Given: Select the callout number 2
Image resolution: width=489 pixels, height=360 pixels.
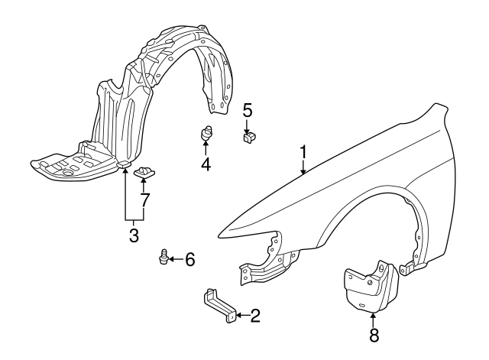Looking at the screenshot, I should tap(254, 315).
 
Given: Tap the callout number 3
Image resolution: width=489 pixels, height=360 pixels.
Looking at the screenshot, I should tap(133, 236).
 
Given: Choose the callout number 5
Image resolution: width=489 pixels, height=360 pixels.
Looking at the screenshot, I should tap(248, 110).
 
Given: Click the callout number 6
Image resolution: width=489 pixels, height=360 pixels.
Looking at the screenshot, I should tap(189, 260).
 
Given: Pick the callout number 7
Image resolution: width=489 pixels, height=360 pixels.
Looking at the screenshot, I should tap(144, 201).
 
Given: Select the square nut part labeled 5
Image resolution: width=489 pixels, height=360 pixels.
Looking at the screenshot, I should tap(249, 138).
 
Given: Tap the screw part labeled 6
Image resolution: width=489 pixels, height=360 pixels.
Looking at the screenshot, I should tap(162, 258).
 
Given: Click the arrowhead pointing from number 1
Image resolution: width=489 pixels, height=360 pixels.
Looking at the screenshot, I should tap(303, 173).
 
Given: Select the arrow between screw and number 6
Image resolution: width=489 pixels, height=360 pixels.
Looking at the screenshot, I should tap(175, 260).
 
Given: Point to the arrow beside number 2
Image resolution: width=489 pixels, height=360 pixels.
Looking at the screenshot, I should tap(240, 314).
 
